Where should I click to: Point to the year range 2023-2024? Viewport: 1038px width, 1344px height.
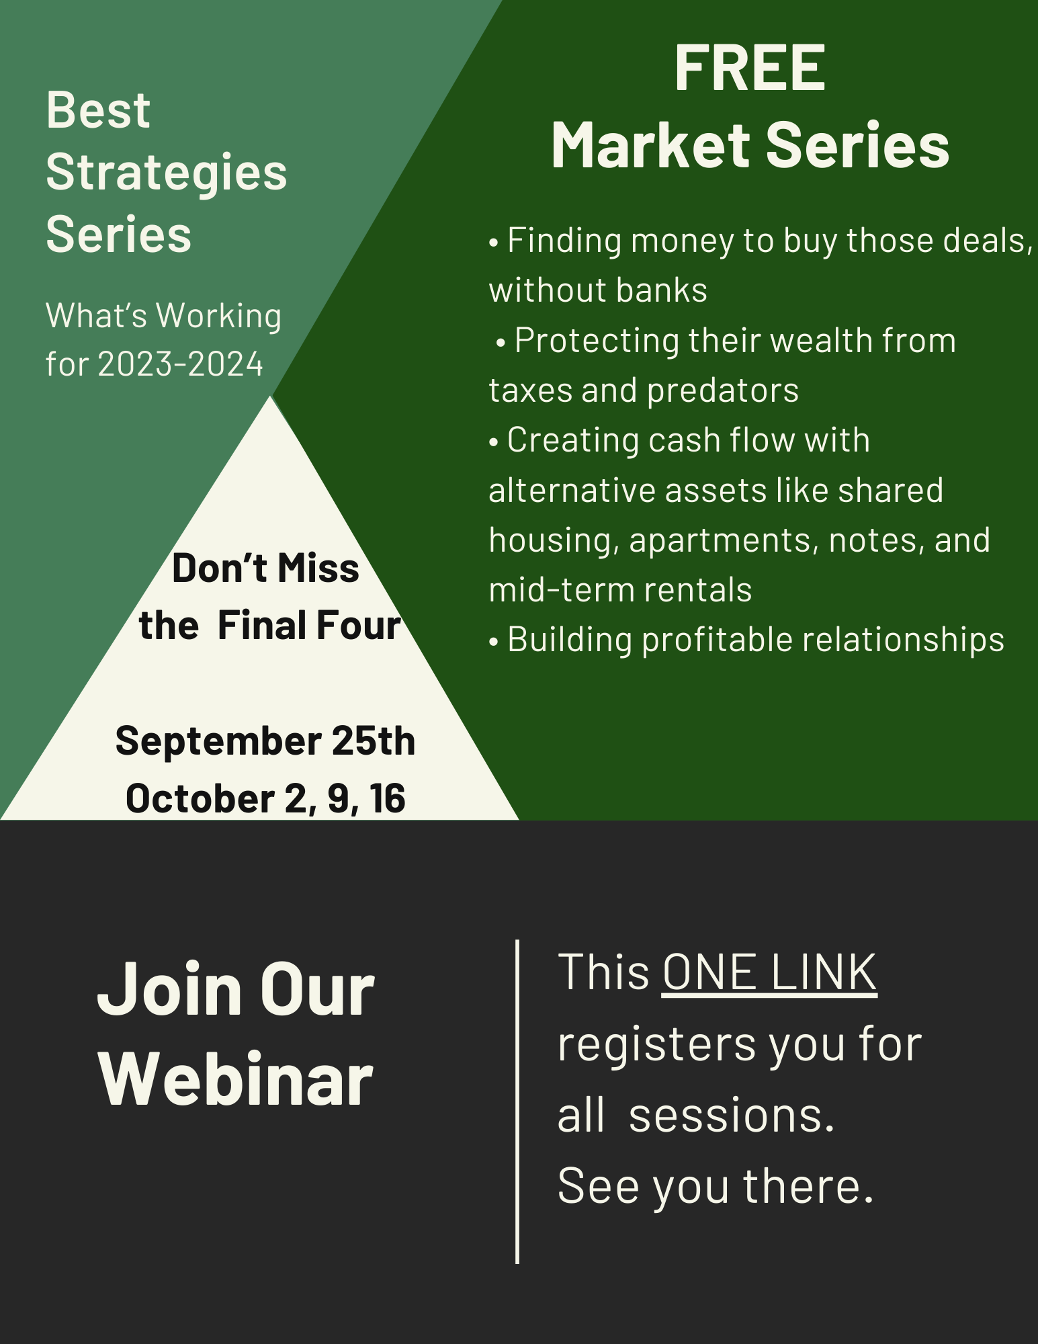click(181, 364)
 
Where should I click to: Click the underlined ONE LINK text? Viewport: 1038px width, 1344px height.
click(769, 972)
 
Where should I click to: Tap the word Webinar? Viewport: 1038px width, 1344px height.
click(236, 1079)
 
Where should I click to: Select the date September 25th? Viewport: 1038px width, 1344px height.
click(265, 741)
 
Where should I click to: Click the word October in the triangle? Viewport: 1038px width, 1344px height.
click(200, 798)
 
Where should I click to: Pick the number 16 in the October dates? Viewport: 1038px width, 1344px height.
click(387, 798)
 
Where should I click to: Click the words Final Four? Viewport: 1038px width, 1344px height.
click(309, 625)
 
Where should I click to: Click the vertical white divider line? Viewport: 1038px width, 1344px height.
click(517, 1101)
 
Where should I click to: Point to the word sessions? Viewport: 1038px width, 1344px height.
click(732, 1116)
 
